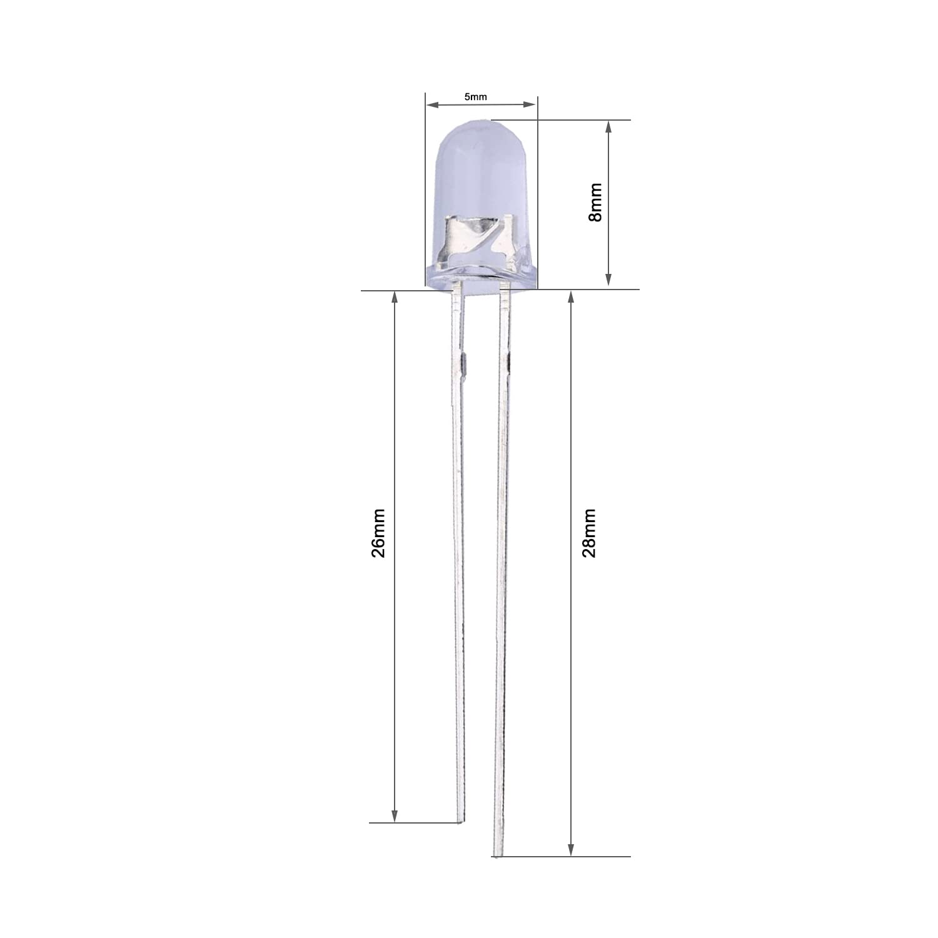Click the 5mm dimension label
[475, 96]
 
